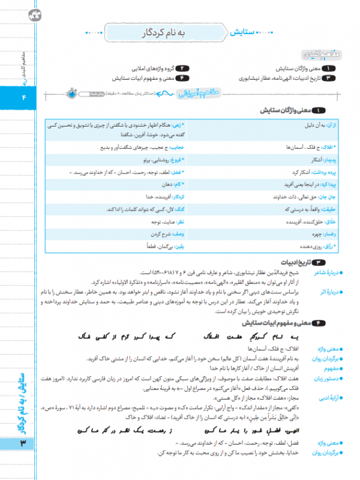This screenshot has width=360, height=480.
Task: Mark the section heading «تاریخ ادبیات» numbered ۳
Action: (x=303, y=262)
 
